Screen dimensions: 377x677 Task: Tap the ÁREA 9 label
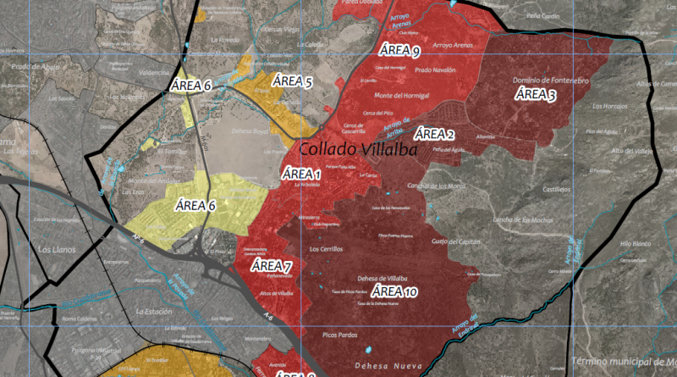coord(400,50)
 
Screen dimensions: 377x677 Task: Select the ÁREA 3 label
coord(536,94)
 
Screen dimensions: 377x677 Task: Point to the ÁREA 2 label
coord(434,134)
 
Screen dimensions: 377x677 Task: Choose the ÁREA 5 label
coord(292,82)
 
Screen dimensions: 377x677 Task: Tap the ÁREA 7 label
coord(272,267)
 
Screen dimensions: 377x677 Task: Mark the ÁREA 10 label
coord(394,292)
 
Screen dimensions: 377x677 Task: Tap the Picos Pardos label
coord(342,335)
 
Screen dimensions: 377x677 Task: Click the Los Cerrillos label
coord(326,250)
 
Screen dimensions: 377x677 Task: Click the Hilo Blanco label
coord(635,243)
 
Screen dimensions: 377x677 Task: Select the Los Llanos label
coord(57,250)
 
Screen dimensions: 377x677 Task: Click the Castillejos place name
coord(555,190)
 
